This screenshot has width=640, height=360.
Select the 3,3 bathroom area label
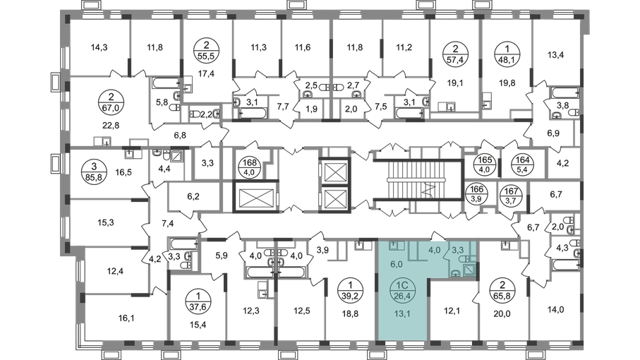tap(457, 249)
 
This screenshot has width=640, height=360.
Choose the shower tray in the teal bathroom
tap(470, 269)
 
